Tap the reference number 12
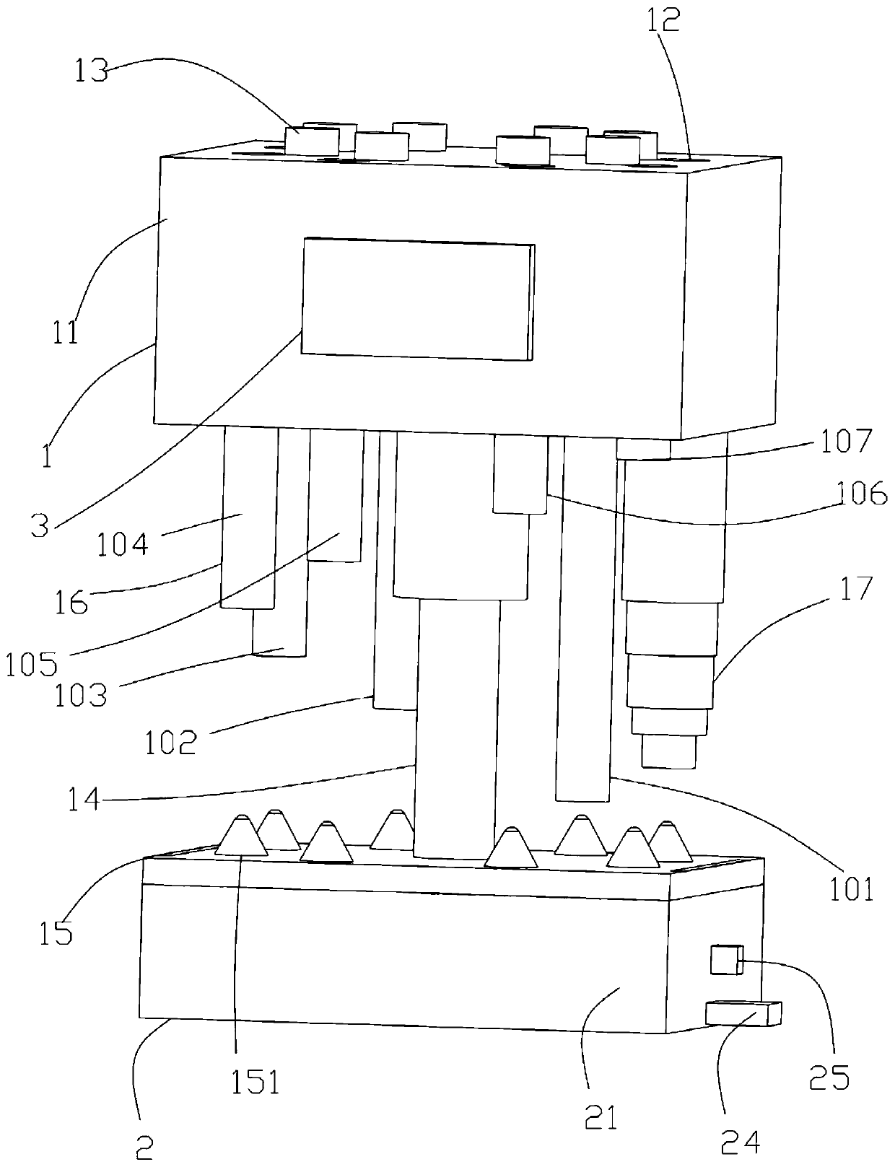point(664,21)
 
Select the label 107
point(847,441)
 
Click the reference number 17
point(857,589)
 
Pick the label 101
point(852,888)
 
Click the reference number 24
point(739,1141)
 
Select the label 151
point(255,1082)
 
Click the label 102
point(170,743)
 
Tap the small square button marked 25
point(726,960)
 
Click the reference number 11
point(66,333)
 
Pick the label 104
point(123,542)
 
